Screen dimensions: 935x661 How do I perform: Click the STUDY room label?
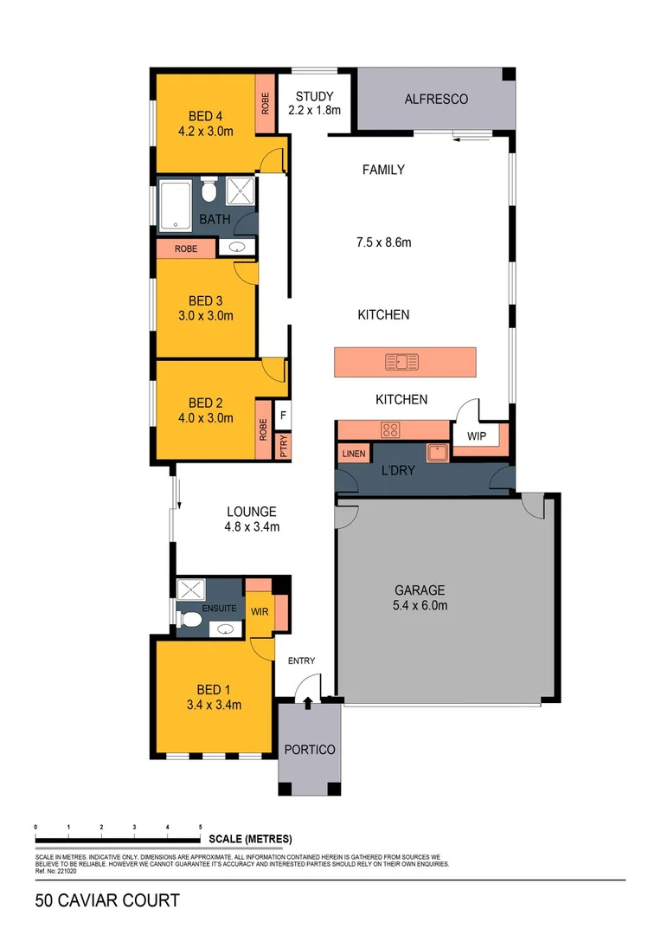tap(314, 96)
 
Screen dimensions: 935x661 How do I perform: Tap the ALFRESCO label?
tap(436, 100)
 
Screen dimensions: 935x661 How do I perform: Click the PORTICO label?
tap(309, 750)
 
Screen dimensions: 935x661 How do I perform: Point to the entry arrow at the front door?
tap(309, 700)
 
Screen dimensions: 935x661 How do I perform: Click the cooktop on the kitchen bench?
tap(391, 429)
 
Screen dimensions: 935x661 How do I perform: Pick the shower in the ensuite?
tap(189, 590)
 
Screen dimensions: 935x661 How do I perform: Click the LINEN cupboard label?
tap(353, 454)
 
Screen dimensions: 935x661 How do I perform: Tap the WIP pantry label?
tap(477, 436)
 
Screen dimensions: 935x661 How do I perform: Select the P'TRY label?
tap(282, 446)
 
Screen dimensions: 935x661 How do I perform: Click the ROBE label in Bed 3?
tap(185, 248)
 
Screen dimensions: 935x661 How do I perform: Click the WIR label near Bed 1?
tap(260, 611)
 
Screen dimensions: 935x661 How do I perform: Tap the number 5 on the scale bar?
tap(201, 829)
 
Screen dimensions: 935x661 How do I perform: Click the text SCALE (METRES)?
tap(251, 840)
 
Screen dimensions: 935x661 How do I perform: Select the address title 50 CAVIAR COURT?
tap(107, 900)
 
